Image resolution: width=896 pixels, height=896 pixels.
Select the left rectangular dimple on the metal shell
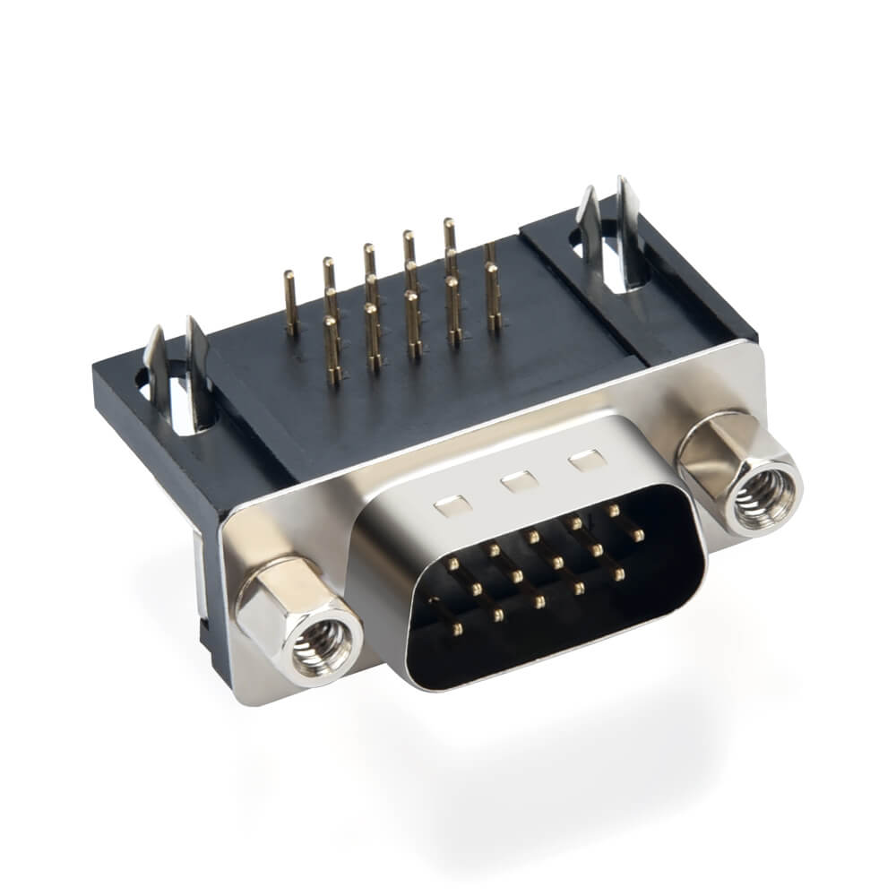tap(452, 507)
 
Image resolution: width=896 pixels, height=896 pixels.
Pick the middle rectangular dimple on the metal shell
tap(520, 483)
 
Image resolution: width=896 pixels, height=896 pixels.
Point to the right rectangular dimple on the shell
tap(587, 461)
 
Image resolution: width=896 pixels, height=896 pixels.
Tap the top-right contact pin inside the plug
tap(614, 510)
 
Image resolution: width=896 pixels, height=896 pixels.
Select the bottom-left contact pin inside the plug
tap(457, 629)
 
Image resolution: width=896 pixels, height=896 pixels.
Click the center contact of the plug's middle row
tap(556, 563)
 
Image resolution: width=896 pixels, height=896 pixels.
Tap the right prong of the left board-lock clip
tap(199, 367)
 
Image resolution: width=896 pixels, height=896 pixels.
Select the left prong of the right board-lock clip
tap(589, 224)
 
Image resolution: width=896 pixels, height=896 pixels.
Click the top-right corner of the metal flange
tap(757, 345)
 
